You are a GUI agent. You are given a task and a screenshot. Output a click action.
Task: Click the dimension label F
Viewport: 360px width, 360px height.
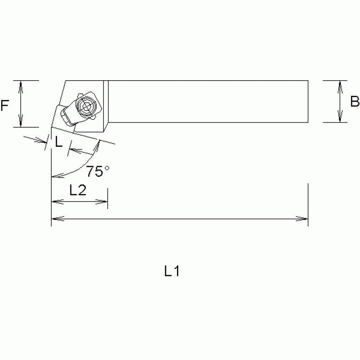[x=5, y=106]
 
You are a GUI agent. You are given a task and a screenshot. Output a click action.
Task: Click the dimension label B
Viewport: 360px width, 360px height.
[x=354, y=101]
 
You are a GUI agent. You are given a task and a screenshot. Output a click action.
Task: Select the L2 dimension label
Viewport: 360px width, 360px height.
[x=77, y=190]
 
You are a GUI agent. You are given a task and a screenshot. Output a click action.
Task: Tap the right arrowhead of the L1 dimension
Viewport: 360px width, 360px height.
[x=304, y=218]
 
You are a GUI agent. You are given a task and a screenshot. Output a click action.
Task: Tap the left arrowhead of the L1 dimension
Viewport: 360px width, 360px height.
[x=55, y=218]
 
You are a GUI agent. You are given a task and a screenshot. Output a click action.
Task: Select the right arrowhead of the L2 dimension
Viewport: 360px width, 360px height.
[x=104, y=202]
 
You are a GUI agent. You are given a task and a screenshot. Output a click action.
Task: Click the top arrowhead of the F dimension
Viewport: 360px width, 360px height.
[x=20, y=84]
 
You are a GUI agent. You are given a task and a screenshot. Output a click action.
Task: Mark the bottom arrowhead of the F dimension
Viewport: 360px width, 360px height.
[x=20, y=123]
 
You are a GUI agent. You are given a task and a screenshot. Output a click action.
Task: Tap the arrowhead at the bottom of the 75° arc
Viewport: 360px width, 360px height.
[x=54, y=176]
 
